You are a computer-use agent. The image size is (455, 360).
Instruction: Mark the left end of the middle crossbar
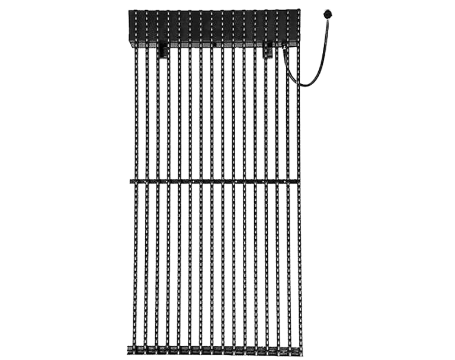[x=129, y=179]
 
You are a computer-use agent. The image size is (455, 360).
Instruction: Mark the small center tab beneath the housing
[x=212, y=45]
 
